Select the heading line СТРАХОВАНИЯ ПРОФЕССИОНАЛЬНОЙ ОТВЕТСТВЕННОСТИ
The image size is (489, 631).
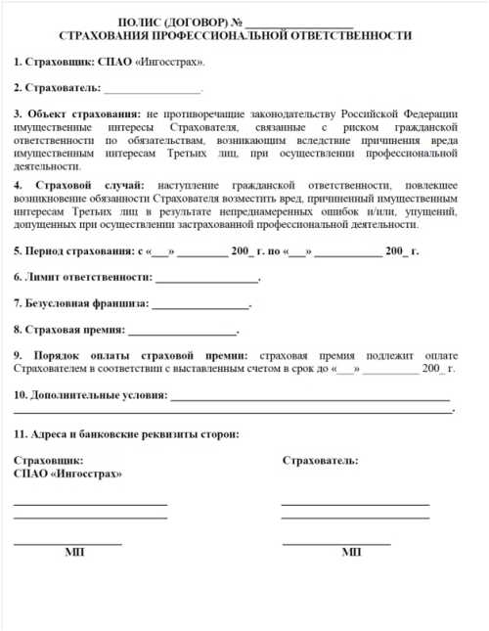point(235,35)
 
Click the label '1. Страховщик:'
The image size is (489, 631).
point(54,62)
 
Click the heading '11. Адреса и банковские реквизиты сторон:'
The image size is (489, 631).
point(126,433)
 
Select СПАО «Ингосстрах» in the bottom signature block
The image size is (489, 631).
point(67,473)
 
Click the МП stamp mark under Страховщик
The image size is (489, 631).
point(74,553)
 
